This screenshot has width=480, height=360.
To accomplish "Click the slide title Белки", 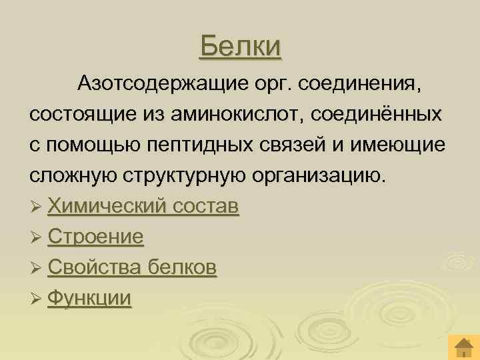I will [241, 46].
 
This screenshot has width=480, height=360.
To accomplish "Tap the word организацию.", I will [318, 177].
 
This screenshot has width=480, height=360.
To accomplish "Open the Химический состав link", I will [143, 207].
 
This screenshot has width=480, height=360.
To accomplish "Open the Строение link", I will [96, 237].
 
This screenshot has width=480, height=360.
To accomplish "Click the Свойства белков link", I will [132, 268].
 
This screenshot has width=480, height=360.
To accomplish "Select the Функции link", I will [90, 298].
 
